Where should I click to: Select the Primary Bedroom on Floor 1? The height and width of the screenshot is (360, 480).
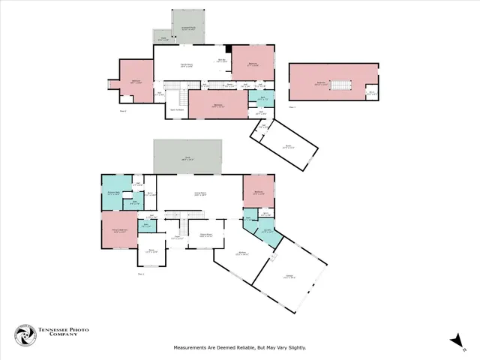pos(119,232)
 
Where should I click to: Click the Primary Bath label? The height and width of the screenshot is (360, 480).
pos(115,194)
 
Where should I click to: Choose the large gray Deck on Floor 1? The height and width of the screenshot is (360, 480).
pos(187,157)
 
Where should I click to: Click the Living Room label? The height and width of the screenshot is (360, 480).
pos(200,194)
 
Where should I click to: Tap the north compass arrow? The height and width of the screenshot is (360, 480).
pos(455,341)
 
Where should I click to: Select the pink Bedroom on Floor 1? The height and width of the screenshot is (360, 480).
pos(258,193)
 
